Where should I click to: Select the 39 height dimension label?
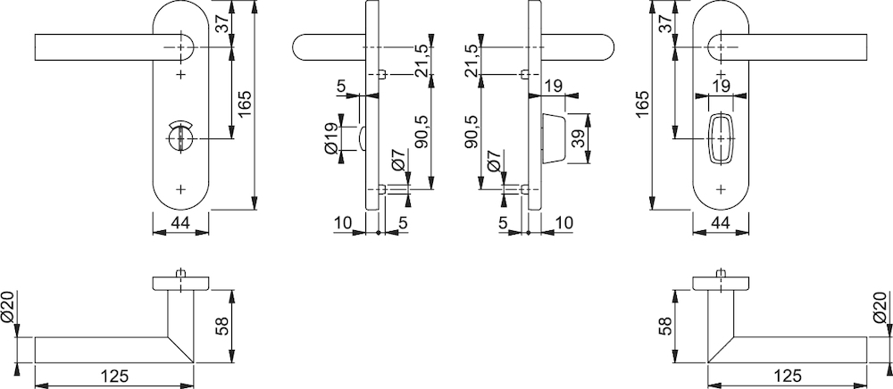tap(579, 138)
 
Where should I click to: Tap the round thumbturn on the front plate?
tap(181, 137)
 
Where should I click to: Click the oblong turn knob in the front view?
tap(722, 139)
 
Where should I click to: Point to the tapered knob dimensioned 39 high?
tap(554, 138)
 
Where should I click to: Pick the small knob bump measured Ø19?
tap(363, 138)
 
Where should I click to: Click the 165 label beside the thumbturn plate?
tap(245, 104)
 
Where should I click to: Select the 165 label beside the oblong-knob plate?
tap(641, 104)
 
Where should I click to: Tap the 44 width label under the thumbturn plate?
tap(180, 223)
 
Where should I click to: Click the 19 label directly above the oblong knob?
tap(721, 86)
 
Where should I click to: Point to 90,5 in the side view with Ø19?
tap(422, 133)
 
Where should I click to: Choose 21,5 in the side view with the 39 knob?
tap(473, 61)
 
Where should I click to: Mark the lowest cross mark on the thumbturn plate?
tap(181, 189)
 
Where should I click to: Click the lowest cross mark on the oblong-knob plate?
tap(722, 189)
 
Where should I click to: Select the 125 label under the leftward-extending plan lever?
tap(115, 376)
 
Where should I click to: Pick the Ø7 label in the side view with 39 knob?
tap(494, 161)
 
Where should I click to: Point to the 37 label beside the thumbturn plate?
tap(222, 24)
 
